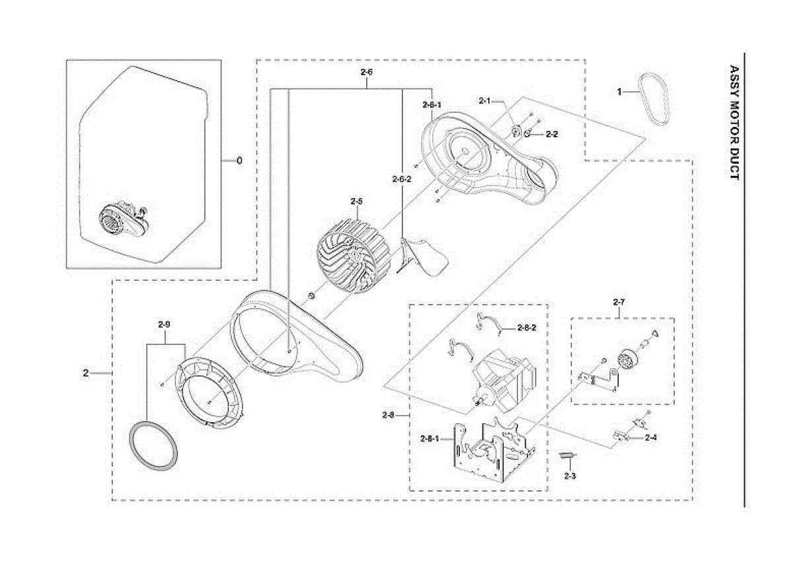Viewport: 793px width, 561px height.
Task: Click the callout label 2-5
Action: pyautogui.click(x=357, y=200)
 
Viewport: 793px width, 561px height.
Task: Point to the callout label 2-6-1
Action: pyautogui.click(x=432, y=104)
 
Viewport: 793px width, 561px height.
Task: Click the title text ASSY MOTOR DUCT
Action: pyautogui.click(x=734, y=122)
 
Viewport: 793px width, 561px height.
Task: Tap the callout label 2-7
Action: pyautogui.click(x=619, y=303)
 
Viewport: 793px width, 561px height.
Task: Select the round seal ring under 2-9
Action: pyautogui.click(x=153, y=445)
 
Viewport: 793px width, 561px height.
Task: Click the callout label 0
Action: pyautogui.click(x=239, y=161)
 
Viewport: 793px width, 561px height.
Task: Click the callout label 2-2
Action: pyautogui.click(x=552, y=134)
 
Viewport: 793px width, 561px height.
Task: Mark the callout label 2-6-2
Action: pyautogui.click(x=402, y=179)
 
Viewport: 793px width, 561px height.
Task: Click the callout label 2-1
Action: pyautogui.click(x=484, y=100)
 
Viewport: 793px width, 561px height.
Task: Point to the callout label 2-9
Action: pyautogui.click(x=165, y=324)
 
